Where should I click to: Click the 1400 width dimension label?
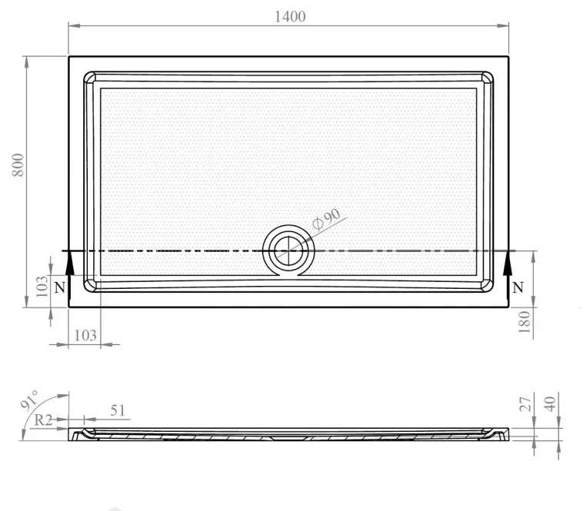click(x=290, y=17)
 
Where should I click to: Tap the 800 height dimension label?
click(x=18, y=165)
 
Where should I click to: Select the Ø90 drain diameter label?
click(x=326, y=220)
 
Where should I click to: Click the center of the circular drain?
click(x=288, y=251)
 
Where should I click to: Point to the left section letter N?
click(x=59, y=287)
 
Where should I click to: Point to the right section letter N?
click(x=518, y=287)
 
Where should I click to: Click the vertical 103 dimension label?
click(x=42, y=286)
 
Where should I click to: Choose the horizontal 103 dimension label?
click(x=85, y=336)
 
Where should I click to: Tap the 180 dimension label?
click(x=524, y=322)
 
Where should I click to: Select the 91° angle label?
click(x=29, y=400)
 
